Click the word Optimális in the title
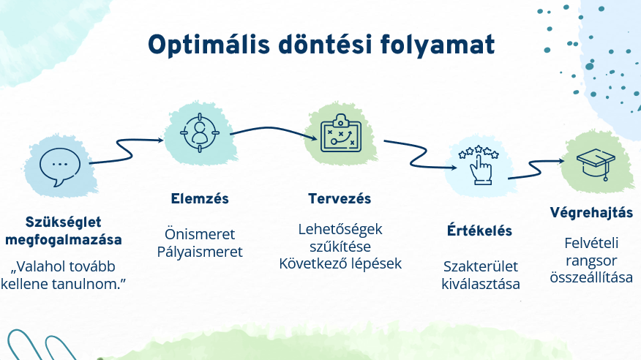tap(209, 45)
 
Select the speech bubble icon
tap(60, 167)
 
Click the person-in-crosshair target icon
tap(200, 132)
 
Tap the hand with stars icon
tap(479, 164)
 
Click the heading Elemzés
tap(200, 198)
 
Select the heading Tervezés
tap(340, 198)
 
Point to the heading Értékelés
tap(479, 230)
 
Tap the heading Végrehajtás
tap(591, 212)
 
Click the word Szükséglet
tap(64, 222)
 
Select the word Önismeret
tap(200, 234)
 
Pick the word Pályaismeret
tap(200, 252)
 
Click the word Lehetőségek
tap(340, 229)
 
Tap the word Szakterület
tap(480, 266)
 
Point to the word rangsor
tap(591, 260)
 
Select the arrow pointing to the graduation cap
tap(536, 169)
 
